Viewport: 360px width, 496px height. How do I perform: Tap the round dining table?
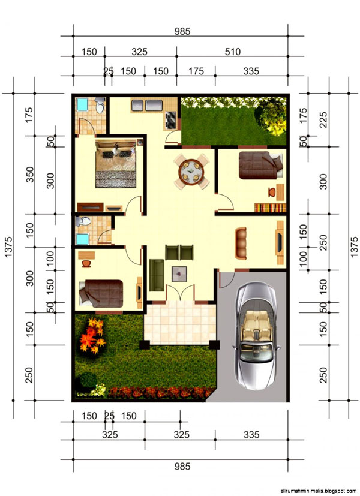coord(191,172)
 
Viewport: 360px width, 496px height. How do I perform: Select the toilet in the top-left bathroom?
coord(100,105)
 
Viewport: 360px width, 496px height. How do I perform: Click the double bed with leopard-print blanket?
coord(116,164)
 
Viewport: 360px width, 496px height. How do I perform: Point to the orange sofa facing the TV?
coord(241,243)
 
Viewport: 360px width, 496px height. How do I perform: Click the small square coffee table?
coord(179,273)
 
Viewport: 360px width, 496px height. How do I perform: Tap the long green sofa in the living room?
coord(157,275)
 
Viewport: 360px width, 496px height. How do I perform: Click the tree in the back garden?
coord(271,117)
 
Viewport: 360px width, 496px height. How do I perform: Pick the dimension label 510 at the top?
coord(233,52)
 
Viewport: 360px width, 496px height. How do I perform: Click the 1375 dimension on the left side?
coord(8,247)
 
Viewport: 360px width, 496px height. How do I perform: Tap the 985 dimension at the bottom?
coord(182,466)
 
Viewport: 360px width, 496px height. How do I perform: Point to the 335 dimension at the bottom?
coord(251,435)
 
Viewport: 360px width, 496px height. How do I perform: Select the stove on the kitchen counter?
coord(170,120)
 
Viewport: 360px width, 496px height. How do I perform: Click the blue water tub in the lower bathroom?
coord(83,239)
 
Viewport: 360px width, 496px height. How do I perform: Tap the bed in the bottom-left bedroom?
coord(101,293)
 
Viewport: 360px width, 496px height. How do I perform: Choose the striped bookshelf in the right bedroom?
coord(270,208)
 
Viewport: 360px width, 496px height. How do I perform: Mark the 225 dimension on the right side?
coord(323,120)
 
